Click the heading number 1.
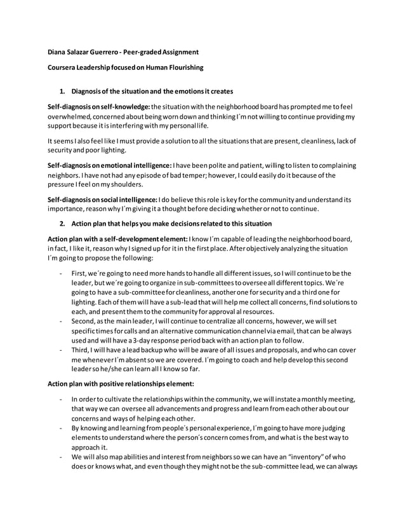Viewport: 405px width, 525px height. point(62,91)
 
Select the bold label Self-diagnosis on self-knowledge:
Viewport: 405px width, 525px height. point(99,106)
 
